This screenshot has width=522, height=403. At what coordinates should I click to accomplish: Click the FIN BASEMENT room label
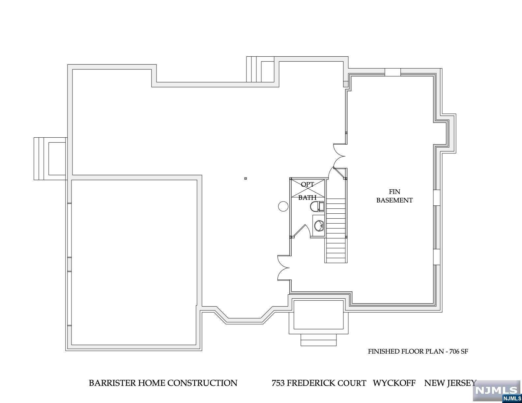coord(394,196)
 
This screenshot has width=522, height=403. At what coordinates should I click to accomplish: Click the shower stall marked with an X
coord(307,188)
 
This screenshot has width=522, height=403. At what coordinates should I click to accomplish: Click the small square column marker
coord(246,178)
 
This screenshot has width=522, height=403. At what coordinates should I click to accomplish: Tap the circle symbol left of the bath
coord(283,206)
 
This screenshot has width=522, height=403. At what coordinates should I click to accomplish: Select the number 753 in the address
coord(278,383)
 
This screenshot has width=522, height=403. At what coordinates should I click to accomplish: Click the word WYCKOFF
coord(394,383)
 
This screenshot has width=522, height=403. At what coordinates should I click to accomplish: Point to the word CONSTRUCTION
coord(202,383)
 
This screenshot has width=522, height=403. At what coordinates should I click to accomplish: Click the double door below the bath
coord(283,267)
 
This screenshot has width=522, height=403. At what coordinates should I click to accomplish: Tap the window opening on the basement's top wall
coord(392,72)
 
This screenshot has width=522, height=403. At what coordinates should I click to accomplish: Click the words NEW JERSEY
coord(450,383)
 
